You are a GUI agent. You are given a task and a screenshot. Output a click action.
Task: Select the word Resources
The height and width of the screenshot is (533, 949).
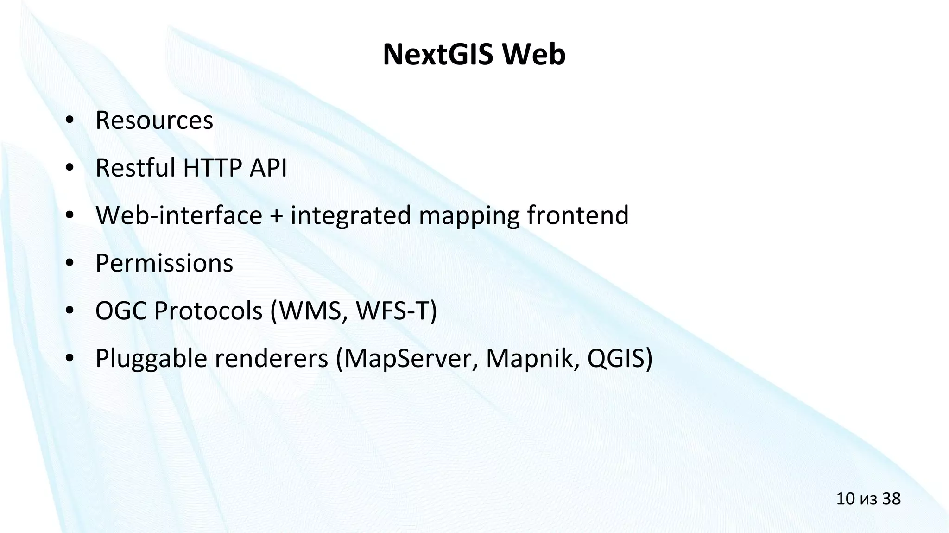coord(154,121)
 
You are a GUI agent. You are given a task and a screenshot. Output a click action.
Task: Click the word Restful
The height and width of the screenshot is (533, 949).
coord(135,168)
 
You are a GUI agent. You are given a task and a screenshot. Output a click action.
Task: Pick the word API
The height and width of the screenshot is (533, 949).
coord(268,168)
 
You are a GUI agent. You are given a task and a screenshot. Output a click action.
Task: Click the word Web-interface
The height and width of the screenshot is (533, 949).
coord(179,216)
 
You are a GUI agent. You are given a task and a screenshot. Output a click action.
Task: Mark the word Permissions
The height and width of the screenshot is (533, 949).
coord(164,264)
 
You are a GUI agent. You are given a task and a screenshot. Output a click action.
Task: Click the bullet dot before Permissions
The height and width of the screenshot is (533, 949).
coord(70,263)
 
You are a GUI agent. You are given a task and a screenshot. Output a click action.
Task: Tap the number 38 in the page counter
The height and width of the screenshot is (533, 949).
coord(891,499)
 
